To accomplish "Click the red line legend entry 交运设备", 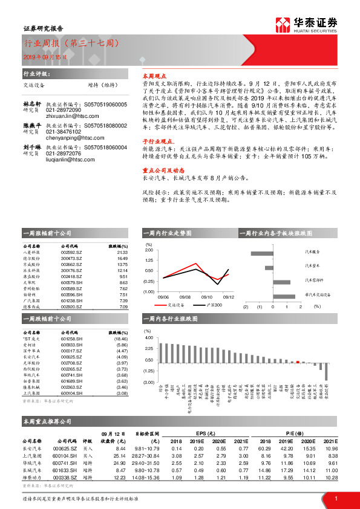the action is coord(173,305).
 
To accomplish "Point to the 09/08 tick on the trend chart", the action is coord(185,297).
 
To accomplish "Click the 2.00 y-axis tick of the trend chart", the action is coord(149,250).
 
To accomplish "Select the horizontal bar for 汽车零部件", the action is coord(282,282).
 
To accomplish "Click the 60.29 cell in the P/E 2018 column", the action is coord(264,448).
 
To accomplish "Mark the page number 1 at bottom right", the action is coord(336,498).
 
